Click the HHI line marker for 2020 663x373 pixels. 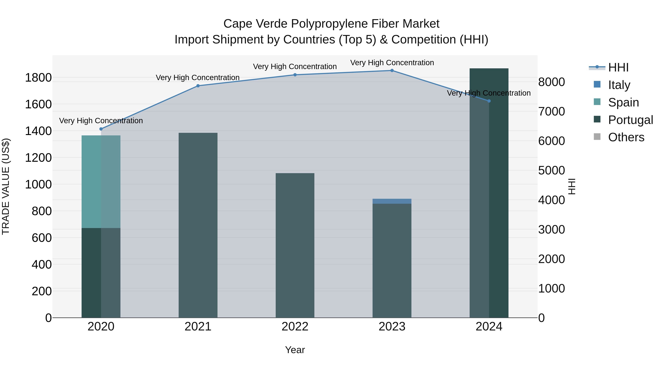[101, 129]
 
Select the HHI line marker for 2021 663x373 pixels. [198, 86]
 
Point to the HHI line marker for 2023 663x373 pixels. [392, 71]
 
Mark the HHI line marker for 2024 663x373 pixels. [489, 101]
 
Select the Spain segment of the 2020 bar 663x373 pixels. [101, 181]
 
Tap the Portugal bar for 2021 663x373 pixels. [198, 225]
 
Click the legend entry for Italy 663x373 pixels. [619, 85]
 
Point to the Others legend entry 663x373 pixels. [626, 137]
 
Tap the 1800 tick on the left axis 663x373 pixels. [38, 78]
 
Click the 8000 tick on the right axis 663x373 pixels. [551, 82]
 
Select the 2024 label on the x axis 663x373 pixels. [489, 327]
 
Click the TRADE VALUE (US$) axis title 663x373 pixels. [6, 186]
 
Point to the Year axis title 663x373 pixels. [295, 350]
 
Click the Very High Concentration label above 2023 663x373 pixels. [392, 63]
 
